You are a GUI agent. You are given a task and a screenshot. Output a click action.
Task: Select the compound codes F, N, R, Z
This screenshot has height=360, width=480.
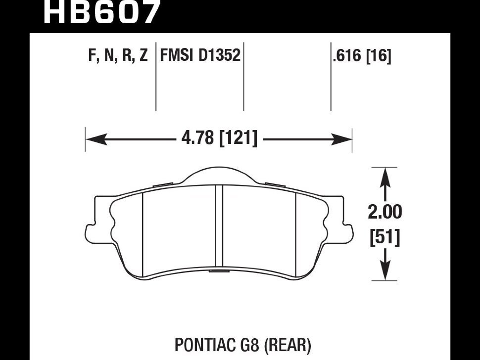(118, 55)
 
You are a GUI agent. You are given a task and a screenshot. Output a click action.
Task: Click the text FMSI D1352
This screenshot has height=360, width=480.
(200, 55)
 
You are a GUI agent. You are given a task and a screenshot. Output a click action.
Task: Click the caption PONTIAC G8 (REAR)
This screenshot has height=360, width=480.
(242, 345)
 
